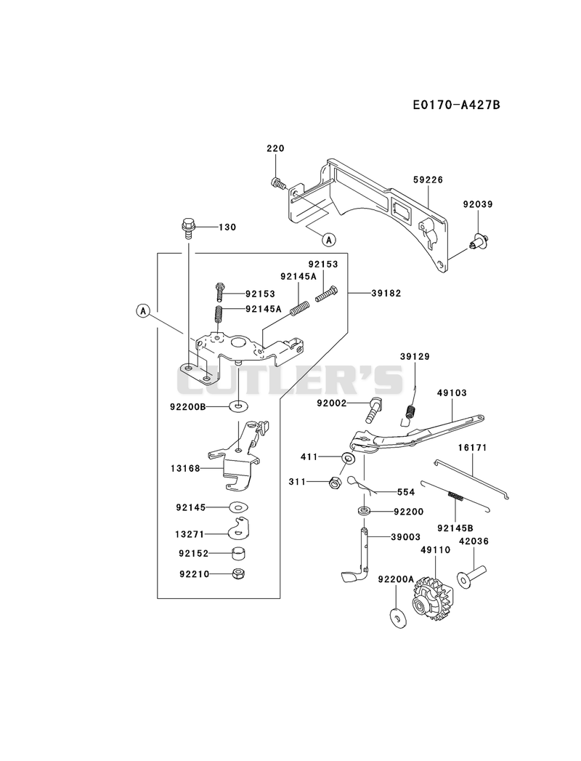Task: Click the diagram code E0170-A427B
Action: pos(456,105)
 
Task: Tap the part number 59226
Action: pos(428,180)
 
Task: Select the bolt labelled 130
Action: pos(187,228)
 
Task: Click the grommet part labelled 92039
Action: pos(480,239)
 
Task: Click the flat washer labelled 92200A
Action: pos(397,616)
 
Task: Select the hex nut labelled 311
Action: pos(335,483)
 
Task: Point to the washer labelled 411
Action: pos(347,458)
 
